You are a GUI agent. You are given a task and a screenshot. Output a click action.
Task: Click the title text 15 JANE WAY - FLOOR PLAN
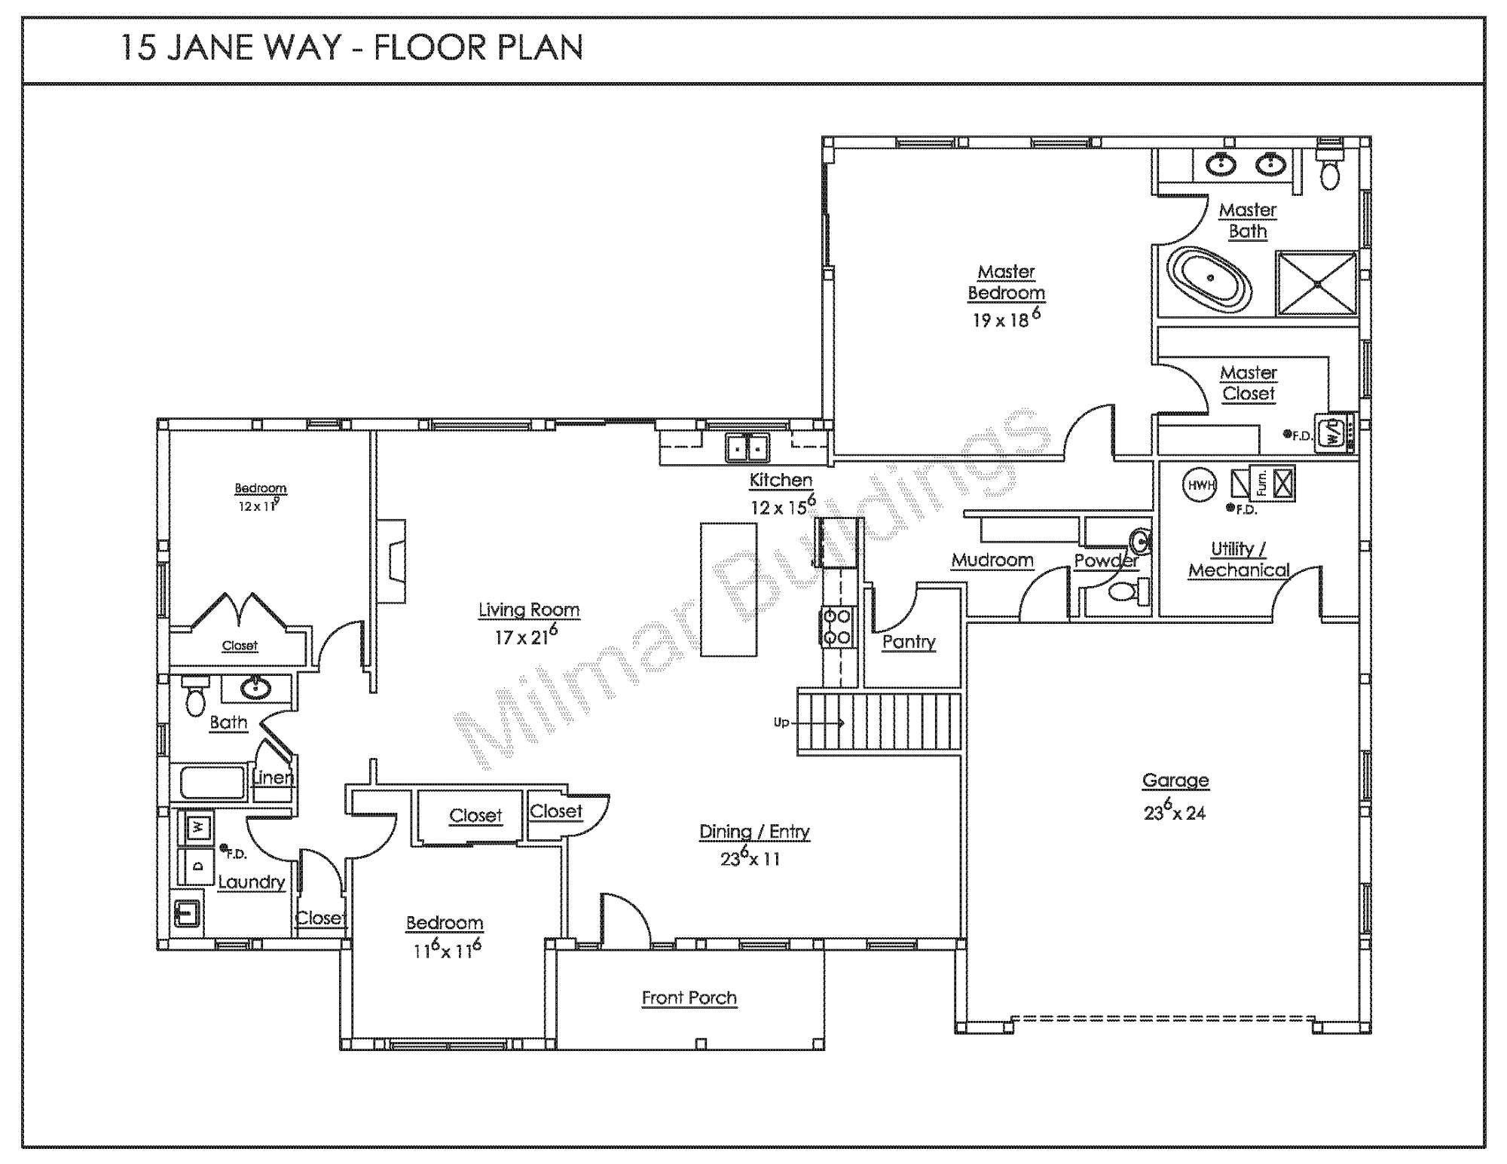tap(352, 48)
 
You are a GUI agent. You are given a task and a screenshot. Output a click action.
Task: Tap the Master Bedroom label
tap(1006, 283)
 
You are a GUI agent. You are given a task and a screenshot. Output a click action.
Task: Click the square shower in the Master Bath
tap(1317, 283)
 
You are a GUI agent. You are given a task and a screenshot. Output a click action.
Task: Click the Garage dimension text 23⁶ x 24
tap(1175, 811)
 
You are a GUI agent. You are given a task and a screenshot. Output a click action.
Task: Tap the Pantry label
tap(909, 642)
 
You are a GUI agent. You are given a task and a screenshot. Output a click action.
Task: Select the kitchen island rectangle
tap(729, 589)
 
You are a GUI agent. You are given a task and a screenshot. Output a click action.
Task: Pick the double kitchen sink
tap(748, 448)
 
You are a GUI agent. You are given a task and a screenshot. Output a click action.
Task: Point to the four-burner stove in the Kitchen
tap(836, 627)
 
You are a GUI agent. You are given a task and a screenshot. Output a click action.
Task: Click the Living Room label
tap(529, 610)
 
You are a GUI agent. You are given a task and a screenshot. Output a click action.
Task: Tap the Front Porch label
tap(689, 998)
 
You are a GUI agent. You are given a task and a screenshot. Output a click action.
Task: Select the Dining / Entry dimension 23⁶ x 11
tap(750, 858)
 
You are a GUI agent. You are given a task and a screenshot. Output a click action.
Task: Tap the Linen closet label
tap(273, 777)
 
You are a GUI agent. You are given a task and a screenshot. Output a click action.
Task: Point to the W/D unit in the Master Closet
tap(1334, 433)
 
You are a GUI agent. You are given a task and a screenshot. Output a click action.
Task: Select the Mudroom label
tap(992, 561)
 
